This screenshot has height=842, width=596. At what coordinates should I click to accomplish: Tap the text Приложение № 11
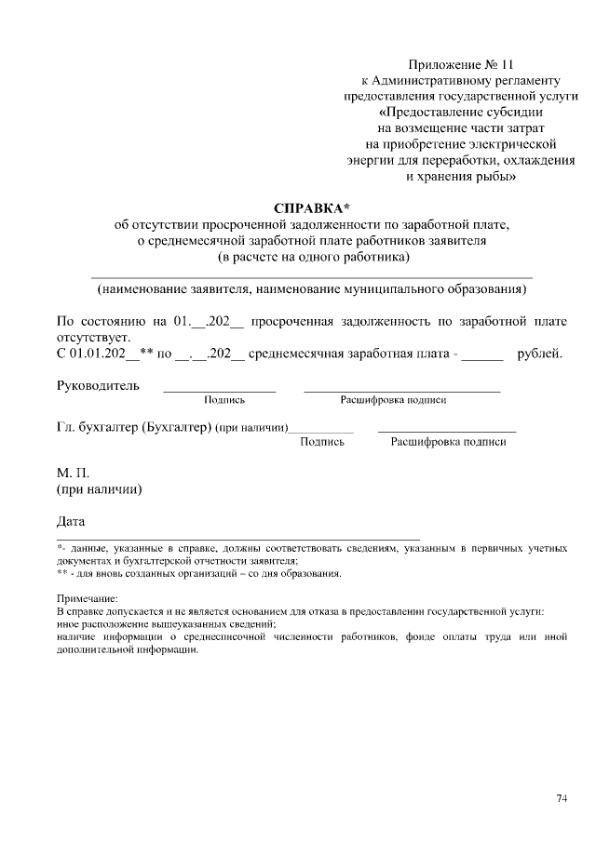pyautogui.click(x=461, y=64)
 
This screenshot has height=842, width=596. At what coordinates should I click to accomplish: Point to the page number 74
pyautogui.click(x=562, y=797)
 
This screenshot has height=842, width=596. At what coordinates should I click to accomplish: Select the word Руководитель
pyautogui.click(x=98, y=384)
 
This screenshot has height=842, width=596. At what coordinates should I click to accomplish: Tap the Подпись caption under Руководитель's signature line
pyautogui.click(x=223, y=400)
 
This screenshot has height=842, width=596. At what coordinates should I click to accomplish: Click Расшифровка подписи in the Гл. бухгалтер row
pyautogui.click(x=448, y=442)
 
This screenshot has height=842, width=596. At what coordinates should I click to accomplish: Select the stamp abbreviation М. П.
pyautogui.click(x=74, y=474)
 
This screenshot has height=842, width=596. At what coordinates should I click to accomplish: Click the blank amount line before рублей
pyautogui.click(x=481, y=356)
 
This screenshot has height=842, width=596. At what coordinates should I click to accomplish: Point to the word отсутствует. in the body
pyautogui.click(x=94, y=337)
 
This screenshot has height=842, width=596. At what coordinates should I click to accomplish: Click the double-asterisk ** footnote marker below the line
pyautogui.click(x=62, y=573)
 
